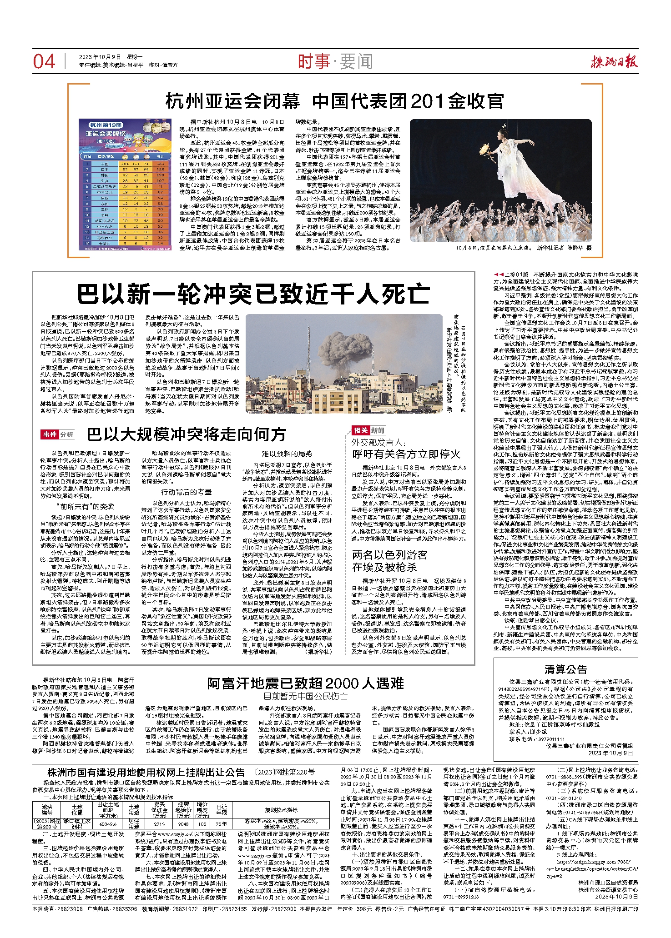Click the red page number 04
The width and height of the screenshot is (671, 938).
[x=44, y=62]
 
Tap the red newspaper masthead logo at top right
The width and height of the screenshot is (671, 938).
[x=614, y=61]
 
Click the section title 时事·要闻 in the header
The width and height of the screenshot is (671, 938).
[x=335, y=61]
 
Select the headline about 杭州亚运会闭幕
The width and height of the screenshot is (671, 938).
[x=334, y=101]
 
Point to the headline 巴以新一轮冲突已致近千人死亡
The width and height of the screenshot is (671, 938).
[x=253, y=294]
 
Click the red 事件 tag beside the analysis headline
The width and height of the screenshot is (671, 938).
[x=50, y=434]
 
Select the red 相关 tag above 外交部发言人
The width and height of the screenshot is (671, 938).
[x=360, y=430]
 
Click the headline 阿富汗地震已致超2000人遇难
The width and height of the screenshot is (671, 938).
[x=305, y=683]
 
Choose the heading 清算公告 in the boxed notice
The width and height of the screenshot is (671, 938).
[x=566, y=669]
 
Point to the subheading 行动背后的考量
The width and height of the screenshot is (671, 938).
[x=187, y=492]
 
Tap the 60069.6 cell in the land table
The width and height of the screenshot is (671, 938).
[x=108, y=824]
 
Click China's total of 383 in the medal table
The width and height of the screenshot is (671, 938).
[x=160, y=163]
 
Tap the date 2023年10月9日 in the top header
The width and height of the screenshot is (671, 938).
[x=100, y=57]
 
